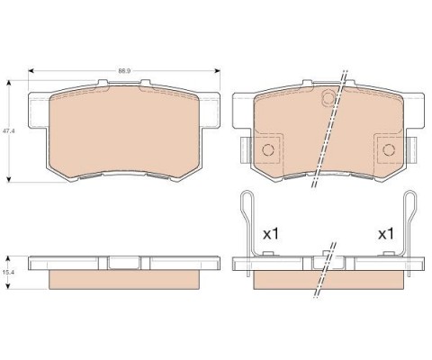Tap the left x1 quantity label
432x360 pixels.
tap(268, 233)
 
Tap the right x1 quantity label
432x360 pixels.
tap(386, 233)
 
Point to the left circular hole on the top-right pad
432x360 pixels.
tap(266, 150)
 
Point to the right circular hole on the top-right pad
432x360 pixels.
tap(389, 150)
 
